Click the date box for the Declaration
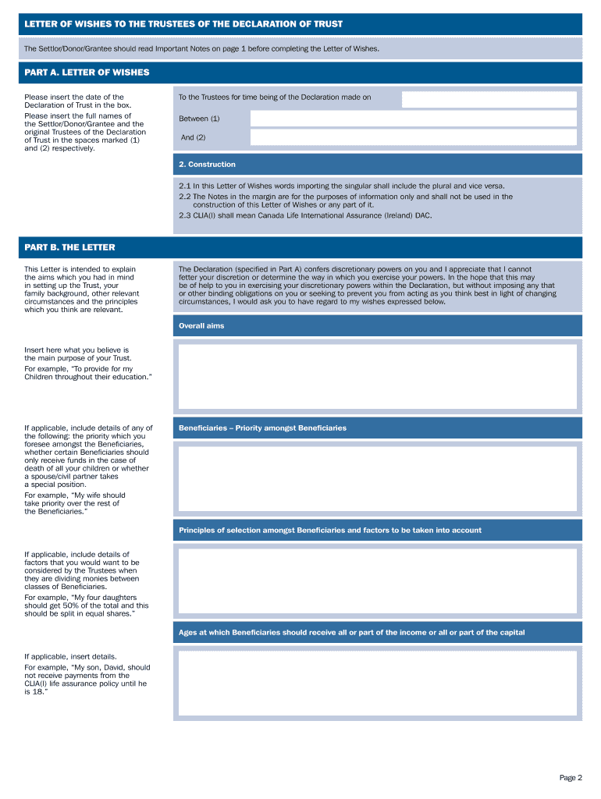489,99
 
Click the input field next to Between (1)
413,119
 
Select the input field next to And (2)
413,137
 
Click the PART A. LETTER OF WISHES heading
87,73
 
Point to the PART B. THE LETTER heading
69,247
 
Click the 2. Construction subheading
207,165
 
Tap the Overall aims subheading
201,326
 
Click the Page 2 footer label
571,778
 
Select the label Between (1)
199,119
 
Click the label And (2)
193,138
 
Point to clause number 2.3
185,215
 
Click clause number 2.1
185,186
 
